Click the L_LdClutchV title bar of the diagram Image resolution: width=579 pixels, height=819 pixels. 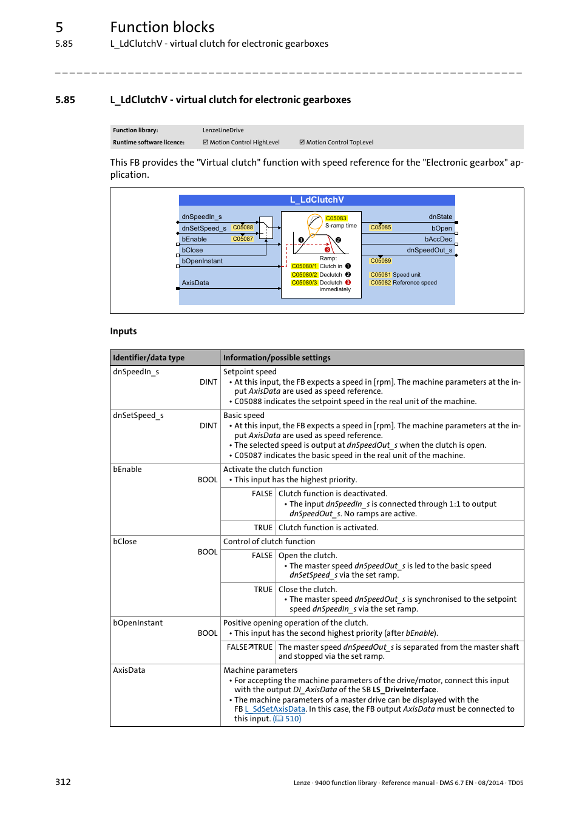316,200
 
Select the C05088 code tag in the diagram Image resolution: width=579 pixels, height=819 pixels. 243,228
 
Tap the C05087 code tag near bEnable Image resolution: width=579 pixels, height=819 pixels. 243,239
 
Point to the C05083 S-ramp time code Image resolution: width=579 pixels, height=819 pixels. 336,218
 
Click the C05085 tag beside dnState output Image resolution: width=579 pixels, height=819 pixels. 381,228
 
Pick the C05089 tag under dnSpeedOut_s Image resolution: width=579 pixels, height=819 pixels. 381,261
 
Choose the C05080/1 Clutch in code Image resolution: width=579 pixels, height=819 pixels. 304,266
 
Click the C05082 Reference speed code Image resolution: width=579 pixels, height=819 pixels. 381,283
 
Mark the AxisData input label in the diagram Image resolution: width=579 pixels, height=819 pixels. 195,283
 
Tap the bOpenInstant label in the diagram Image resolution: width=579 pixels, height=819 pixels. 202,261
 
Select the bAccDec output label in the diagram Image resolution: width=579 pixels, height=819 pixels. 438,240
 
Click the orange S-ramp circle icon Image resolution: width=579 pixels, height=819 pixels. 314,221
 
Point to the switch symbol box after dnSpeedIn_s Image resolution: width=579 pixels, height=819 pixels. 266,227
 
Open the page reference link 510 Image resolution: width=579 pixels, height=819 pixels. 287,719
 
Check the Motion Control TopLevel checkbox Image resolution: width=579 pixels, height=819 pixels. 302,143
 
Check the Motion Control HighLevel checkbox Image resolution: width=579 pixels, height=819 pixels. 205,143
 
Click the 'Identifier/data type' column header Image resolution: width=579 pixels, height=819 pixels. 149,358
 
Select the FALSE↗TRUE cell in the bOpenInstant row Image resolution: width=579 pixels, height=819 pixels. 249,647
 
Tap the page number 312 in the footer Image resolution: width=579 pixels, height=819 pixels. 63,782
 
